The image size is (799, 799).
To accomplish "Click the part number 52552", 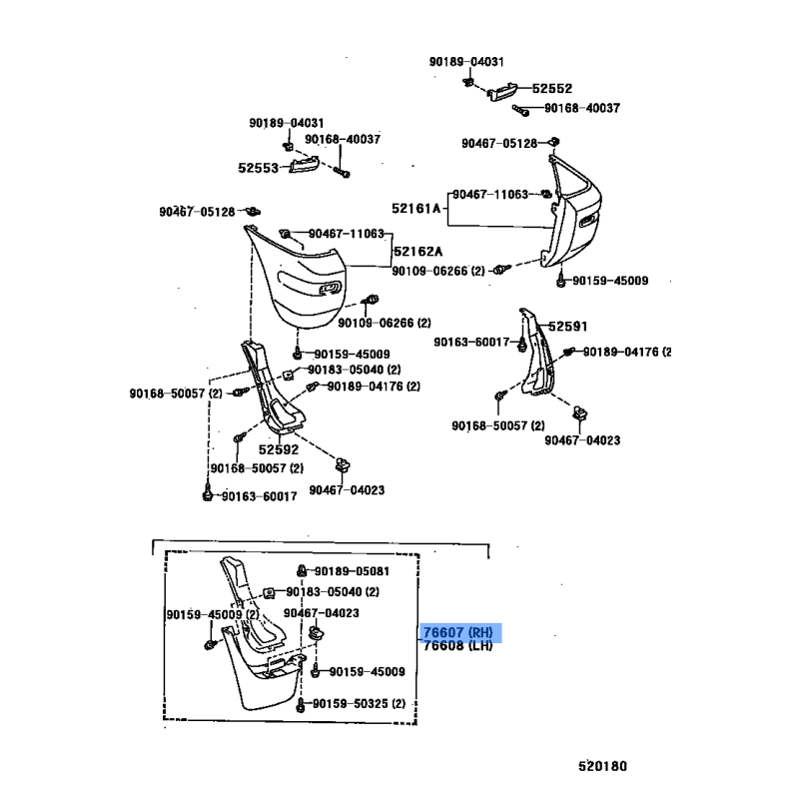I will point(551,88).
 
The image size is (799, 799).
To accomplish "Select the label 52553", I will point(258,168).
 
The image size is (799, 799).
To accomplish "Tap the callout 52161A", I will point(415,209).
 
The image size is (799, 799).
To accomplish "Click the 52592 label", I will point(280,450).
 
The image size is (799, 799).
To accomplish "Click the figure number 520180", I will point(601,767).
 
